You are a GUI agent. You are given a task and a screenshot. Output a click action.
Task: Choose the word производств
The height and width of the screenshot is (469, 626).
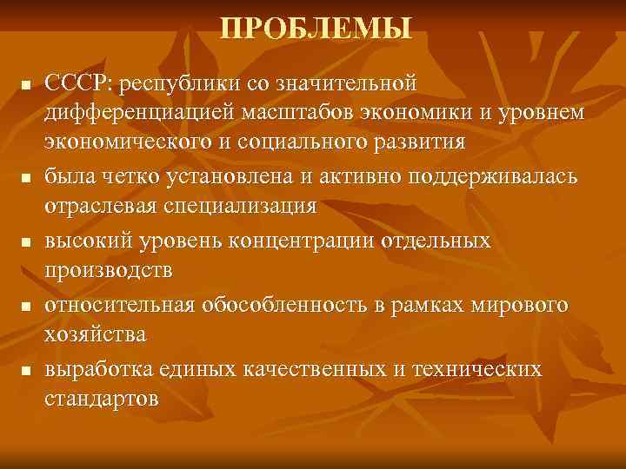(x=109, y=270)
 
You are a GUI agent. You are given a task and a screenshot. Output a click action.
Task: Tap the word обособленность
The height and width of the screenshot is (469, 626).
(x=283, y=306)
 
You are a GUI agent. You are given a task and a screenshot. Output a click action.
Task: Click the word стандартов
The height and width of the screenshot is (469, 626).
(x=101, y=399)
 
